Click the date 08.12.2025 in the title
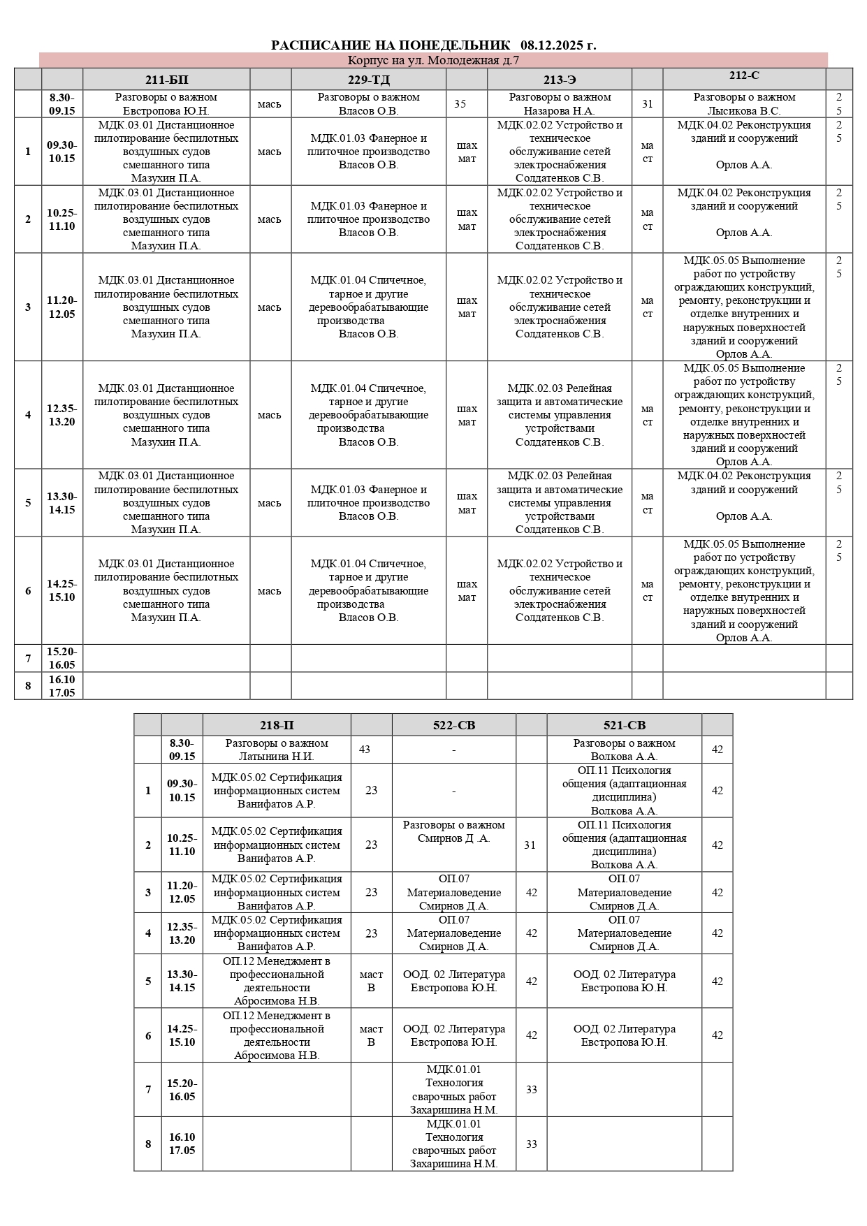tap(558, 45)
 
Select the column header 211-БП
tap(166, 79)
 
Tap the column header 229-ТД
tap(368, 79)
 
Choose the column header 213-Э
tap(560, 79)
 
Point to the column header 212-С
tap(743, 75)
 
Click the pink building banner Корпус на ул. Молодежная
tap(433, 60)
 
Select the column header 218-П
tap(277, 725)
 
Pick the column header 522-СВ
tap(453, 725)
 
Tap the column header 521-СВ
tap(624, 725)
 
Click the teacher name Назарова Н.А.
tap(560, 110)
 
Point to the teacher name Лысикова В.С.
tap(744, 110)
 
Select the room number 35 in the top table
tap(460, 104)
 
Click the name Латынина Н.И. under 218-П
tap(277, 756)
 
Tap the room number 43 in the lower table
tap(365, 750)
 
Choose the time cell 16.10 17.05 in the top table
tap(62, 686)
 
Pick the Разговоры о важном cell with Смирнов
tap(453, 831)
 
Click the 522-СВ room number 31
tap(530, 845)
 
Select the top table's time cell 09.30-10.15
tap(62, 152)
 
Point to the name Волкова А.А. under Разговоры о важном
tap(624, 756)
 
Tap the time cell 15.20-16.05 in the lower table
tap(182, 1090)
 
